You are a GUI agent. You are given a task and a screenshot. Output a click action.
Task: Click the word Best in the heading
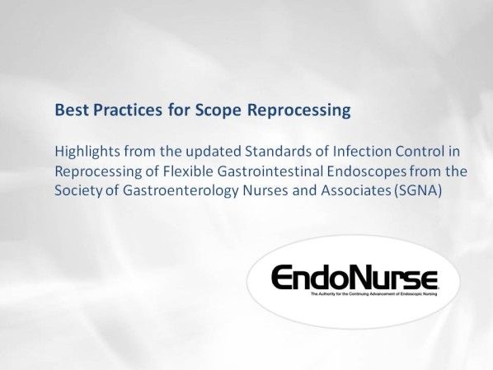(69, 110)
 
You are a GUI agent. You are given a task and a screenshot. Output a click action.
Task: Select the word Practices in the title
(123, 110)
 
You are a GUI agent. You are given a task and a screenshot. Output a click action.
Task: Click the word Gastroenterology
(185, 192)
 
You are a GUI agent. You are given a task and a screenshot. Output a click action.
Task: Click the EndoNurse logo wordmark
(354, 275)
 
